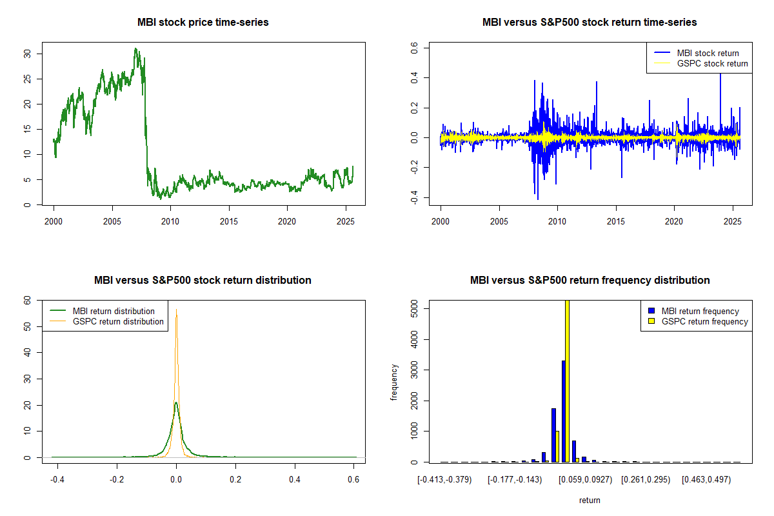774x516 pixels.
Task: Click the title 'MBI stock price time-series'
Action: click(x=203, y=22)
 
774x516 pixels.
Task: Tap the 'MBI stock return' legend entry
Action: click(x=708, y=53)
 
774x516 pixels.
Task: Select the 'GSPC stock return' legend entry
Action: click(x=712, y=63)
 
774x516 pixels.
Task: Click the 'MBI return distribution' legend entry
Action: click(x=114, y=311)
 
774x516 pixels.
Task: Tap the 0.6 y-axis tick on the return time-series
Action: click(x=414, y=47)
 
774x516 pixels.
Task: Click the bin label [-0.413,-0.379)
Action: click(x=444, y=481)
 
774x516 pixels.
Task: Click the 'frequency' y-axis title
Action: click(x=394, y=382)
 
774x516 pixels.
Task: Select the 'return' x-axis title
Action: click(x=590, y=500)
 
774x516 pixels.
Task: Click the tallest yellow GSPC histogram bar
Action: click(x=568, y=381)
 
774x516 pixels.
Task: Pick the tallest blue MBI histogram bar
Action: click(x=563, y=412)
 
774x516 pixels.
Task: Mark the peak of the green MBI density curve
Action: click(x=175, y=403)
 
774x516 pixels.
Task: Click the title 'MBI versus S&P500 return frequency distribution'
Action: click(x=590, y=280)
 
